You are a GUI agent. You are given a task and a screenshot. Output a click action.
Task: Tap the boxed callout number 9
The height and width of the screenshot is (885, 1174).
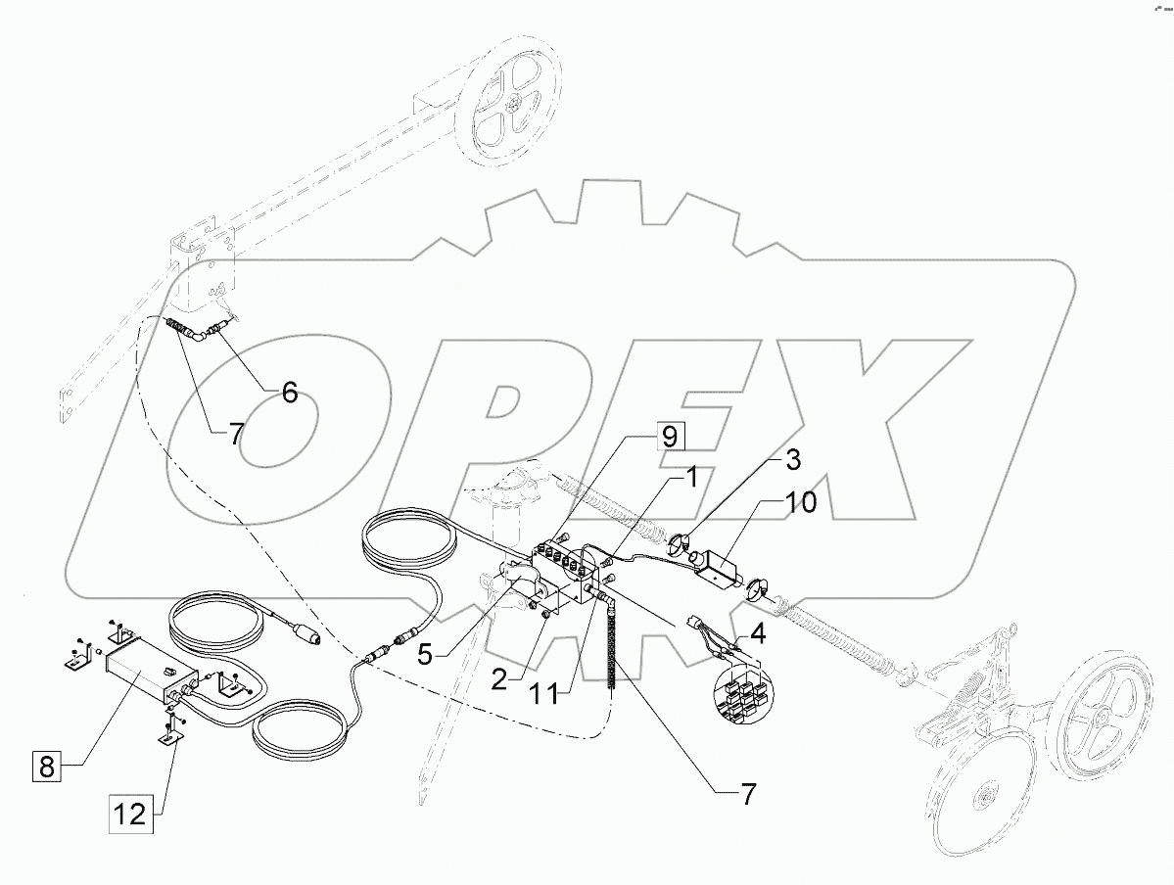[x=668, y=437]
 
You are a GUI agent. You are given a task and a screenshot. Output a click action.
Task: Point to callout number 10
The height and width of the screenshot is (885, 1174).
[x=800, y=504]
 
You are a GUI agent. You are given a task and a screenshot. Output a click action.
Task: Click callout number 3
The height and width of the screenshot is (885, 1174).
[x=792, y=459]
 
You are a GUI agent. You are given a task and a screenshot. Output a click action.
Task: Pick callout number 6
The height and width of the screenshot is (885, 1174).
[x=290, y=393]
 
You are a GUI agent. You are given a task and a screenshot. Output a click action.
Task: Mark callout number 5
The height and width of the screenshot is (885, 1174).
[x=424, y=654]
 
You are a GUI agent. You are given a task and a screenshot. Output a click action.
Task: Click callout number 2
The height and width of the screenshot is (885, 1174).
[x=499, y=678]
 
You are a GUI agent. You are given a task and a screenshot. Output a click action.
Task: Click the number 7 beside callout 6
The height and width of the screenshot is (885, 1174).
[x=236, y=434]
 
